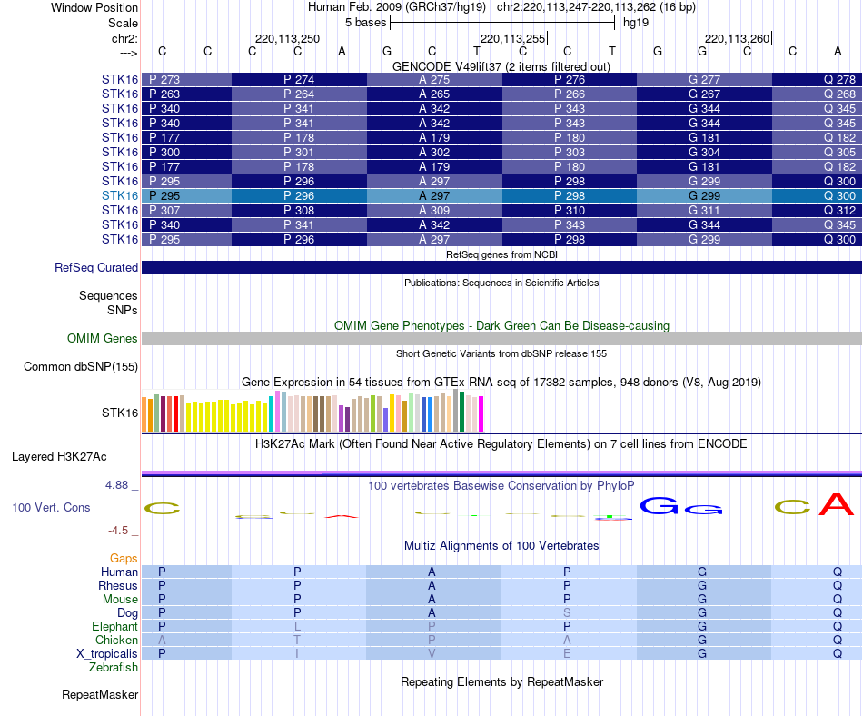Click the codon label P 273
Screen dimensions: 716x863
coord(164,80)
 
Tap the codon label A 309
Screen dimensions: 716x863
coord(434,211)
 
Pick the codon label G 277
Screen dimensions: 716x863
coord(704,80)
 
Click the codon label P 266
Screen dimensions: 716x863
coord(570,94)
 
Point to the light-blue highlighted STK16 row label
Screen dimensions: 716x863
coord(120,196)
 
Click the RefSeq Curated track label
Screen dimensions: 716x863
coord(96,268)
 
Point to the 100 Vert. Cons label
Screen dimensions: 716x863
coord(51,507)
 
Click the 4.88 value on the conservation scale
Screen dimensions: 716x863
coord(117,485)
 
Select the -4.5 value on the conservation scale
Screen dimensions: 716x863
coord(118,531)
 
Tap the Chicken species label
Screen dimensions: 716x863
coord(117,641)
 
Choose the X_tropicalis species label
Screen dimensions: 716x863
coord(107,654)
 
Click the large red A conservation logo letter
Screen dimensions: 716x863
coord(837,504)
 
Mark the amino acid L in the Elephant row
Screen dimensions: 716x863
coord(297,627)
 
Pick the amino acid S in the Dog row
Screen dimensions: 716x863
coord(567,613)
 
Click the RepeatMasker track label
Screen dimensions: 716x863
coord(100,695)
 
